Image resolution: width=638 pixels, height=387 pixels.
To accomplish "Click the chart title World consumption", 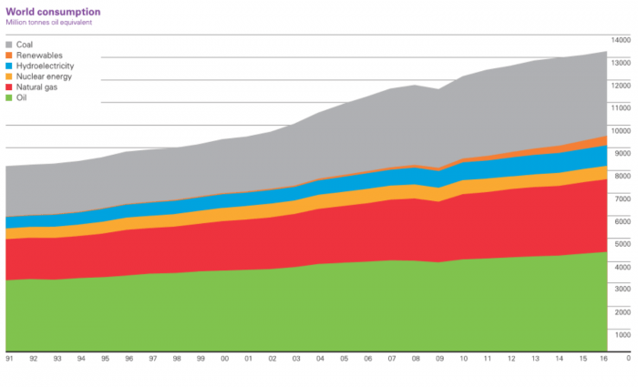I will click(53, 11).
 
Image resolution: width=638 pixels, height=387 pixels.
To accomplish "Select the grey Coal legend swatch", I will click(10, 43).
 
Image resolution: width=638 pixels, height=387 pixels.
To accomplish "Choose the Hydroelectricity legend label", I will click(46, 66).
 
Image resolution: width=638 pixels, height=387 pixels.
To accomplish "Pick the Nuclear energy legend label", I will click(43, 77).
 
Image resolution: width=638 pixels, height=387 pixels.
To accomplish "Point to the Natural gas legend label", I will click(38, 88).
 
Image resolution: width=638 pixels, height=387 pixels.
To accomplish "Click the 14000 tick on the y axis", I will click(620, 41).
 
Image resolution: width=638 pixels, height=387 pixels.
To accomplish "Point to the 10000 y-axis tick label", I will click(620, 131).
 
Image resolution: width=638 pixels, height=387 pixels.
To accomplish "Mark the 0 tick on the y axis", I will click(627, 358).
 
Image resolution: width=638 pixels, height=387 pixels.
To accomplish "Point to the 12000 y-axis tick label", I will click(620, 86).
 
